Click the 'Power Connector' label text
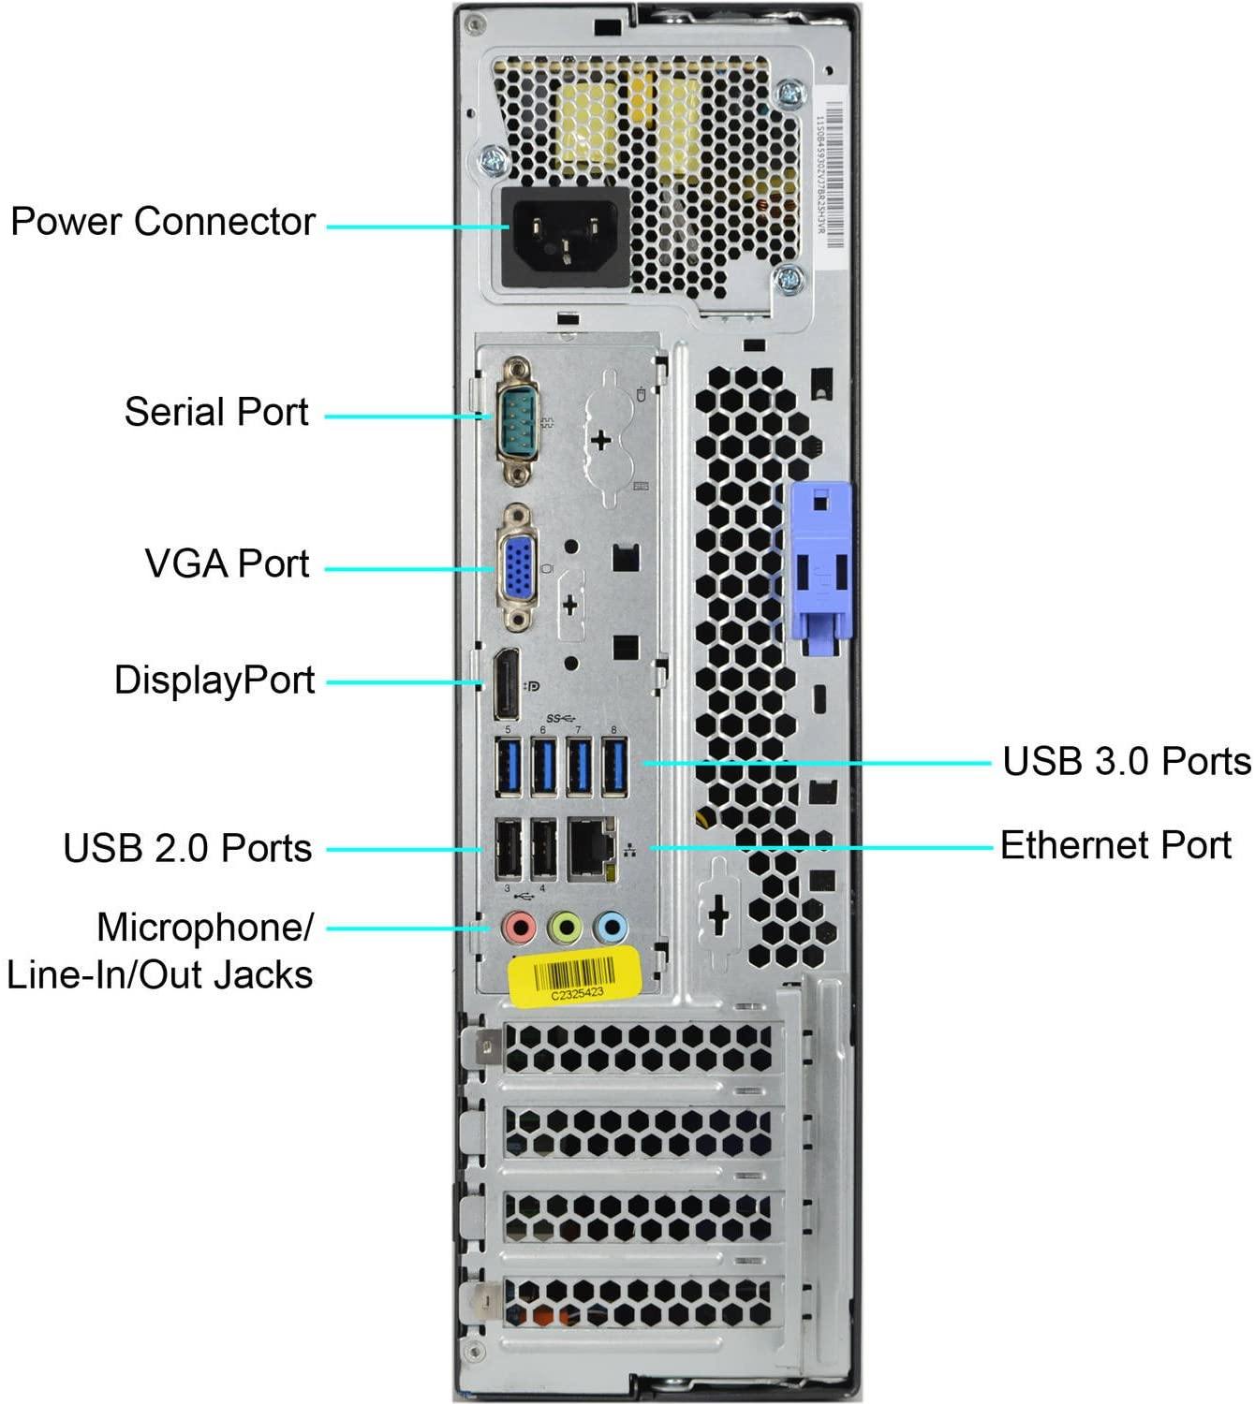point(162,222)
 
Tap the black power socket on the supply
point(566,237)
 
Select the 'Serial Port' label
point(216,412)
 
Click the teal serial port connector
point(516,419)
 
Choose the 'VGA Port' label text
point(227,563)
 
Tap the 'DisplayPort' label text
point(214,680)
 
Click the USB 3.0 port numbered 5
point(508,767)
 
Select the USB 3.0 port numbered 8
point(613,767)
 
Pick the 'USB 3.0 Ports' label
point(1126,761)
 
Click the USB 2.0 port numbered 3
point(508,850)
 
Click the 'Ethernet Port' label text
point(1115,845)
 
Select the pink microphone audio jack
point(518,929)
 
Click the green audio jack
point(565,929)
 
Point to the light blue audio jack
point(611,929)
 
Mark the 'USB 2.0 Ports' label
point(187,848)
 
